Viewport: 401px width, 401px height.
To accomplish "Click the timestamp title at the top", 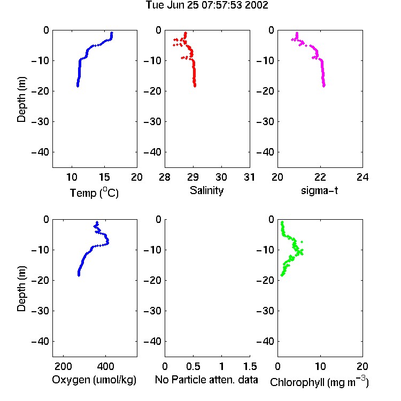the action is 206,5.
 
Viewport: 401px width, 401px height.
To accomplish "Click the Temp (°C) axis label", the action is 94,192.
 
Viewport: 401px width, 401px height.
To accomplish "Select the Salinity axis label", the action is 206,190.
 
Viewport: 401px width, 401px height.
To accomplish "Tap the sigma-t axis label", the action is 319,190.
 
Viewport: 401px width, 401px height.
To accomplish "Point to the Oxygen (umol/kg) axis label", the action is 94,380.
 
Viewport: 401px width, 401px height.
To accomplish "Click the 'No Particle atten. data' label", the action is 206,380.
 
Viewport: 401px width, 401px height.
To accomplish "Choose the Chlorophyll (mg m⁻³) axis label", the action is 319,382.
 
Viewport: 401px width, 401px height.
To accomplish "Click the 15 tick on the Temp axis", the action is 104,177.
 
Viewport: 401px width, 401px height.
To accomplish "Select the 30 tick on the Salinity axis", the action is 221,177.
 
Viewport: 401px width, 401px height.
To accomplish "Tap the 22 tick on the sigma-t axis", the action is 320,177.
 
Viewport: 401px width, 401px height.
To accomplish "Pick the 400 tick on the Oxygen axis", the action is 105,366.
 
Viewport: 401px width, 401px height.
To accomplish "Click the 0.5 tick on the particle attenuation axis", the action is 193,366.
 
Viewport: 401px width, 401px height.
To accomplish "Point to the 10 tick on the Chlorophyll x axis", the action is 320,366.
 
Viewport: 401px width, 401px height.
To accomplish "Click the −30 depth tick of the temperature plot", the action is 40,121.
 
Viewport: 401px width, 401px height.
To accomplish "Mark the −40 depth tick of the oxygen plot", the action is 40,341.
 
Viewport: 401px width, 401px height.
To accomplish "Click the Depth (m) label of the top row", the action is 21,99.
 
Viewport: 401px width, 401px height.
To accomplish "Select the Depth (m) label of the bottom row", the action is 21,289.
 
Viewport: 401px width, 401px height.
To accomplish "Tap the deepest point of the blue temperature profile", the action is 78,86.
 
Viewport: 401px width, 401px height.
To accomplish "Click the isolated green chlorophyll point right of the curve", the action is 302,242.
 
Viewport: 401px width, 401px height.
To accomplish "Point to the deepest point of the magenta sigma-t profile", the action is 324,86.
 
